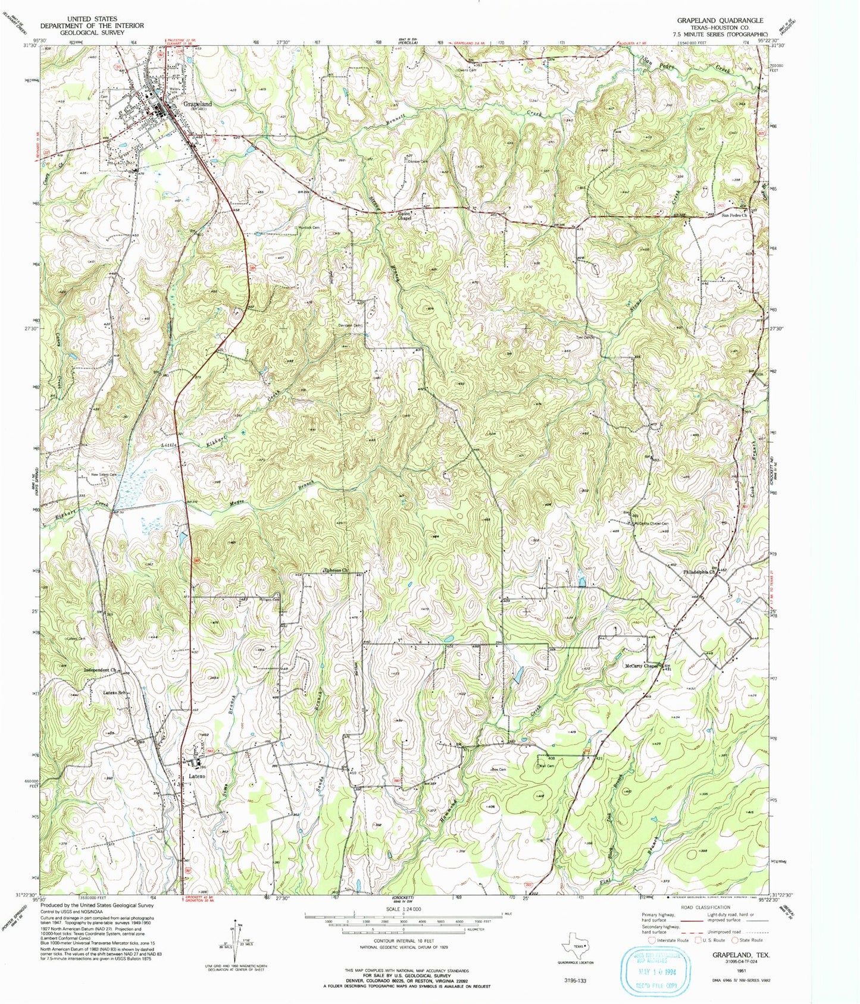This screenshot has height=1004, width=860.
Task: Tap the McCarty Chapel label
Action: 642,666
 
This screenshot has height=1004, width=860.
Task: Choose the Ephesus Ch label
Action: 335,570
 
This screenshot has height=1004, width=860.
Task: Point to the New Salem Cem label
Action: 104,474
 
